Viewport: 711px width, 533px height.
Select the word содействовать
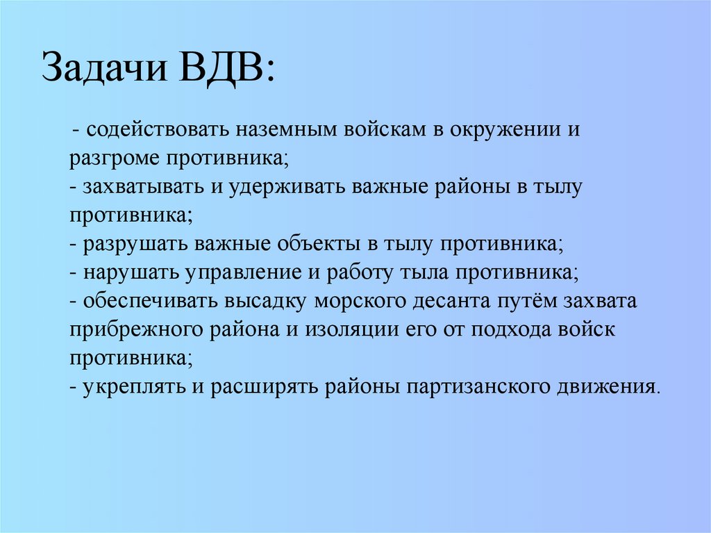160,131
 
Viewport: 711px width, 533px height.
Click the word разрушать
136,245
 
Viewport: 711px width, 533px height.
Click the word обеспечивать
151,302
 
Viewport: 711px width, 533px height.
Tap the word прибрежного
136,329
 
